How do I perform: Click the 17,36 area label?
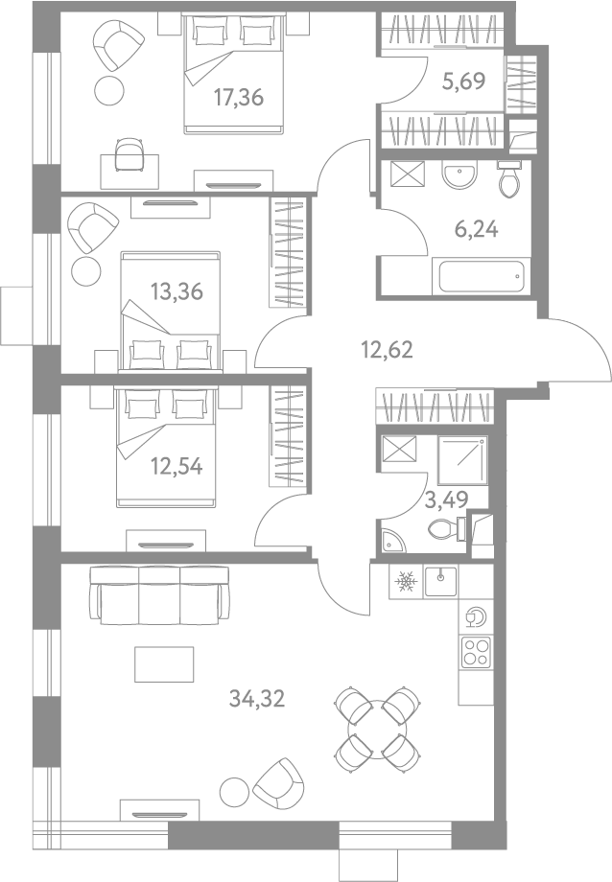[x=239, y=98]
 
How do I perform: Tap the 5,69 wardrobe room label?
[x=464, y=81]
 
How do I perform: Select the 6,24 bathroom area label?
[x=477, y=229]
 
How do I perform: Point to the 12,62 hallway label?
[x=387, y=350]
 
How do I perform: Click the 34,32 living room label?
[x=257, y=699]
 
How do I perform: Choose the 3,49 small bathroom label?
[x=446, y=499]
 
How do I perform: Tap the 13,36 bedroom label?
[x=177, y=292]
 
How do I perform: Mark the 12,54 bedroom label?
[x=177, y=466]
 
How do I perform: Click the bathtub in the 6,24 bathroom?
[x=482, y=276]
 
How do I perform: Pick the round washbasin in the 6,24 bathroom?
[x=459, y=174]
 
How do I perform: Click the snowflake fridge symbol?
[x=406, y=582]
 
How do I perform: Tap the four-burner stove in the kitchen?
[x=476, y=652]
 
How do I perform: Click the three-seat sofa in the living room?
[x=159, y=595]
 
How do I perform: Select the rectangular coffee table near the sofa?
[x=164, y=663]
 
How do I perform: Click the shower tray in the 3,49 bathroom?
[x=462, y=459]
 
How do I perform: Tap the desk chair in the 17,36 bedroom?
[x=129, y=154]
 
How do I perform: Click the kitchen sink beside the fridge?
[x=441, y=581]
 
